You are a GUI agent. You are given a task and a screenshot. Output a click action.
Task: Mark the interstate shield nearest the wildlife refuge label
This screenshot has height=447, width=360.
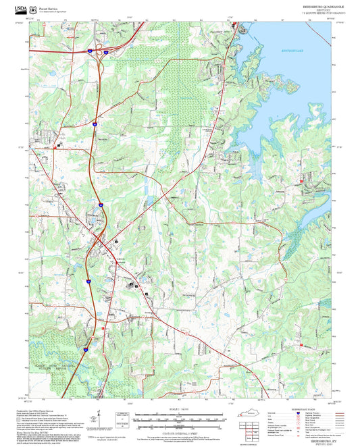coord(85,349)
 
